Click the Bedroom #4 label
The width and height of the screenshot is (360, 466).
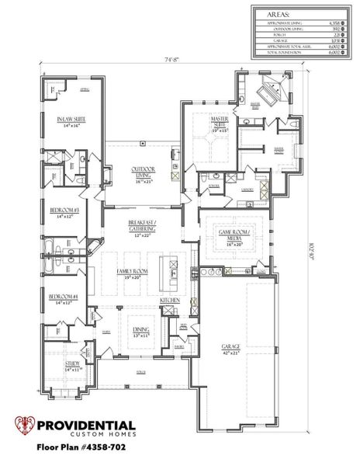[x=64, y=298]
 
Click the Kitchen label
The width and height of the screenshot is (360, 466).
[x=170, y=299]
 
